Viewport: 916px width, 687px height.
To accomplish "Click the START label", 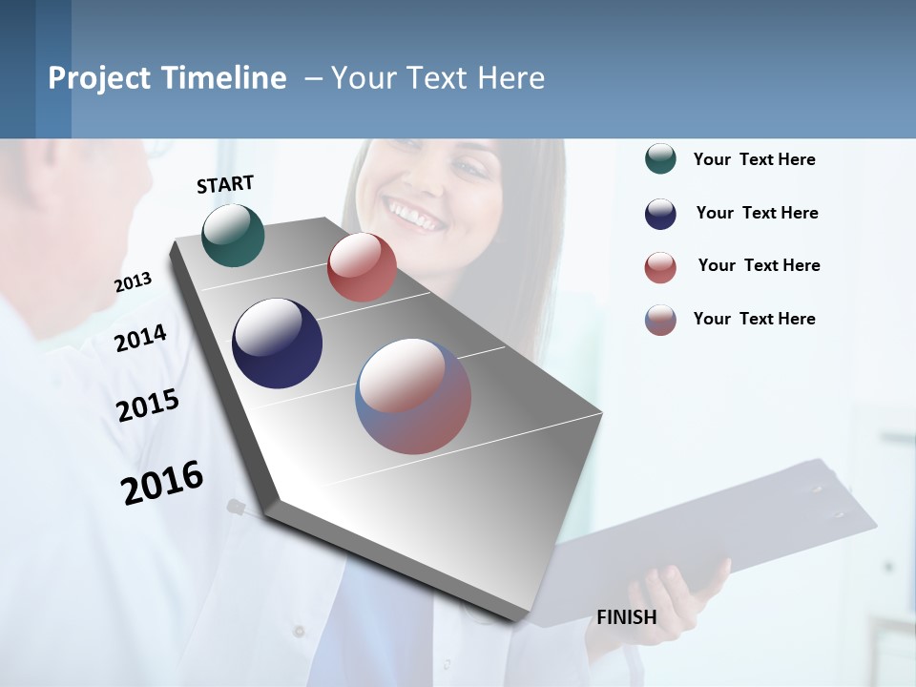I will click(225, 184).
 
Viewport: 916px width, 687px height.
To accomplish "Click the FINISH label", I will click(626, 617).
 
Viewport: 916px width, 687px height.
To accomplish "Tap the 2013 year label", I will click(133, 282).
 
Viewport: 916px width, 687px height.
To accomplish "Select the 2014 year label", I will click(140, 338).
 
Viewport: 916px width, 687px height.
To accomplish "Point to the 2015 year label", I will click(148, 406).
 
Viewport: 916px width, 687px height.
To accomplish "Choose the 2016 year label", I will click(162, 483).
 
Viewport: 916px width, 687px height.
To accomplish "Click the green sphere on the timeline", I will click(233, 235).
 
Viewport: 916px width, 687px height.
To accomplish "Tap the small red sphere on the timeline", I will click(362, 267).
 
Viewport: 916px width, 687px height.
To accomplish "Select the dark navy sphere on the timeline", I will click(277, 343).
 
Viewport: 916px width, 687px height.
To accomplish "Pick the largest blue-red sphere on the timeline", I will click(413, 396).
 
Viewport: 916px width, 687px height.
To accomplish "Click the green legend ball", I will click(660, 159).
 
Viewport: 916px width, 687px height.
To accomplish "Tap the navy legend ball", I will click(660, 214).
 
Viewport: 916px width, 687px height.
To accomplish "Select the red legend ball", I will click(660, 267).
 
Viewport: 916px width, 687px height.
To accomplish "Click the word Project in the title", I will click(99, 78).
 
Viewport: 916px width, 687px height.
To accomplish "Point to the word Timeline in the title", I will click(224, 78).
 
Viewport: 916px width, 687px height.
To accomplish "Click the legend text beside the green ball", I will click(754, 159).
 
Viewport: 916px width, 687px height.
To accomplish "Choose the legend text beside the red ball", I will click(759, 265).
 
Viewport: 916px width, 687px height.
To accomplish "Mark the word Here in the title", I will click(510, 78).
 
